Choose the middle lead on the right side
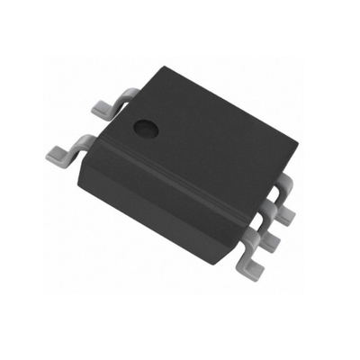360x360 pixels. click(269, 236)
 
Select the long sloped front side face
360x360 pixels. click(162, 202)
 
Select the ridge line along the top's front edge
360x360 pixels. click(171, 175)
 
